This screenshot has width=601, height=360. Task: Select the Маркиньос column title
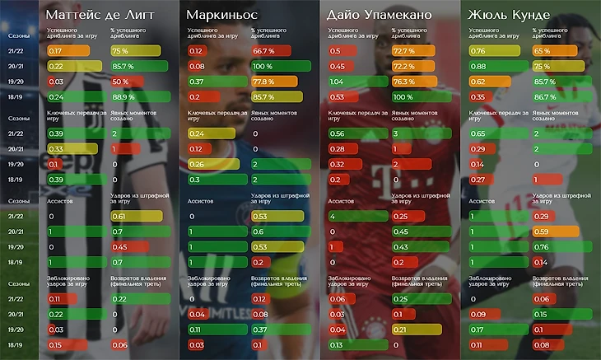[x=220, y=15]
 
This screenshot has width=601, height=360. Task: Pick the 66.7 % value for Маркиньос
[x=264, y=50]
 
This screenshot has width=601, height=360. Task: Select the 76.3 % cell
[x=404, y=82]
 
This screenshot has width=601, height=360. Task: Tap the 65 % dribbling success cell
[x=544, y=50]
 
